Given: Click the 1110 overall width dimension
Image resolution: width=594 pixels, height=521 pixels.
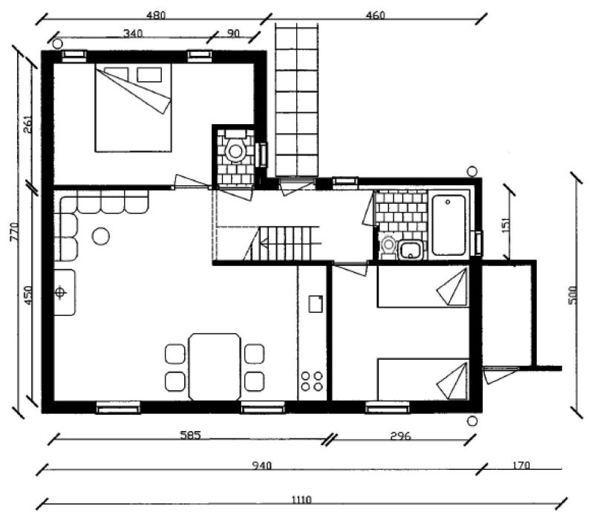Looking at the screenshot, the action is [x=301, y=499].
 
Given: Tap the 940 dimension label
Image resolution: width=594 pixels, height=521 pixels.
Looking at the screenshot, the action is [x=262, y=465].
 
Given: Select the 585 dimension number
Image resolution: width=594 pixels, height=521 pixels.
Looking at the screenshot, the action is [x=190, y=435].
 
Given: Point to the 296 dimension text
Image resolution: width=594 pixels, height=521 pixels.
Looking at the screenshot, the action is [x=400, y=436].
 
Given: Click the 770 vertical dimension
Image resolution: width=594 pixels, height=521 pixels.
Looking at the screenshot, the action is [x=14, y=232].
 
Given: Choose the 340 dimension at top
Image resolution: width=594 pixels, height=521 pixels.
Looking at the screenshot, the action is [x=133, y=33].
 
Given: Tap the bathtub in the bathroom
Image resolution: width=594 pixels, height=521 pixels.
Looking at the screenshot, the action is [x=449, y=225].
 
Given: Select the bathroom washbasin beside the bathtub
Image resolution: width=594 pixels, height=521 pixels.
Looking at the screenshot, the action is [x=410, y=250].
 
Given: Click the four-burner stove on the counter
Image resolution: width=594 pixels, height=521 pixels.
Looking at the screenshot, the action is [x=312, y=381].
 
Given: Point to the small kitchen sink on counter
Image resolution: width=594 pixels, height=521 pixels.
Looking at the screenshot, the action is [x=316, y=304].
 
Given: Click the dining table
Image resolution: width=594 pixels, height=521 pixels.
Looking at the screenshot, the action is [x=215, y=366].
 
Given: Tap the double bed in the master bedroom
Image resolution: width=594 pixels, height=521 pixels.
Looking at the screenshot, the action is [x=134, y=108].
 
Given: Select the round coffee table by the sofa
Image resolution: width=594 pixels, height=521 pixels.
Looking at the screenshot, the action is [x=101, y=236].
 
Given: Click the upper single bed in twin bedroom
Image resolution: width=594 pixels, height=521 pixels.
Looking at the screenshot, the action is [x=423, y=286].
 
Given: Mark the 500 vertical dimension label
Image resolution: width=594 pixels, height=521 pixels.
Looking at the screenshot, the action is [x=573, y=294].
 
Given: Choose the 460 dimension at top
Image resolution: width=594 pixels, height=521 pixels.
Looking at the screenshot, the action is [x=376, y=15].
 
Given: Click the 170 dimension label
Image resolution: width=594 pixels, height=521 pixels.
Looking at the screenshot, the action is [x=521, y=465].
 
